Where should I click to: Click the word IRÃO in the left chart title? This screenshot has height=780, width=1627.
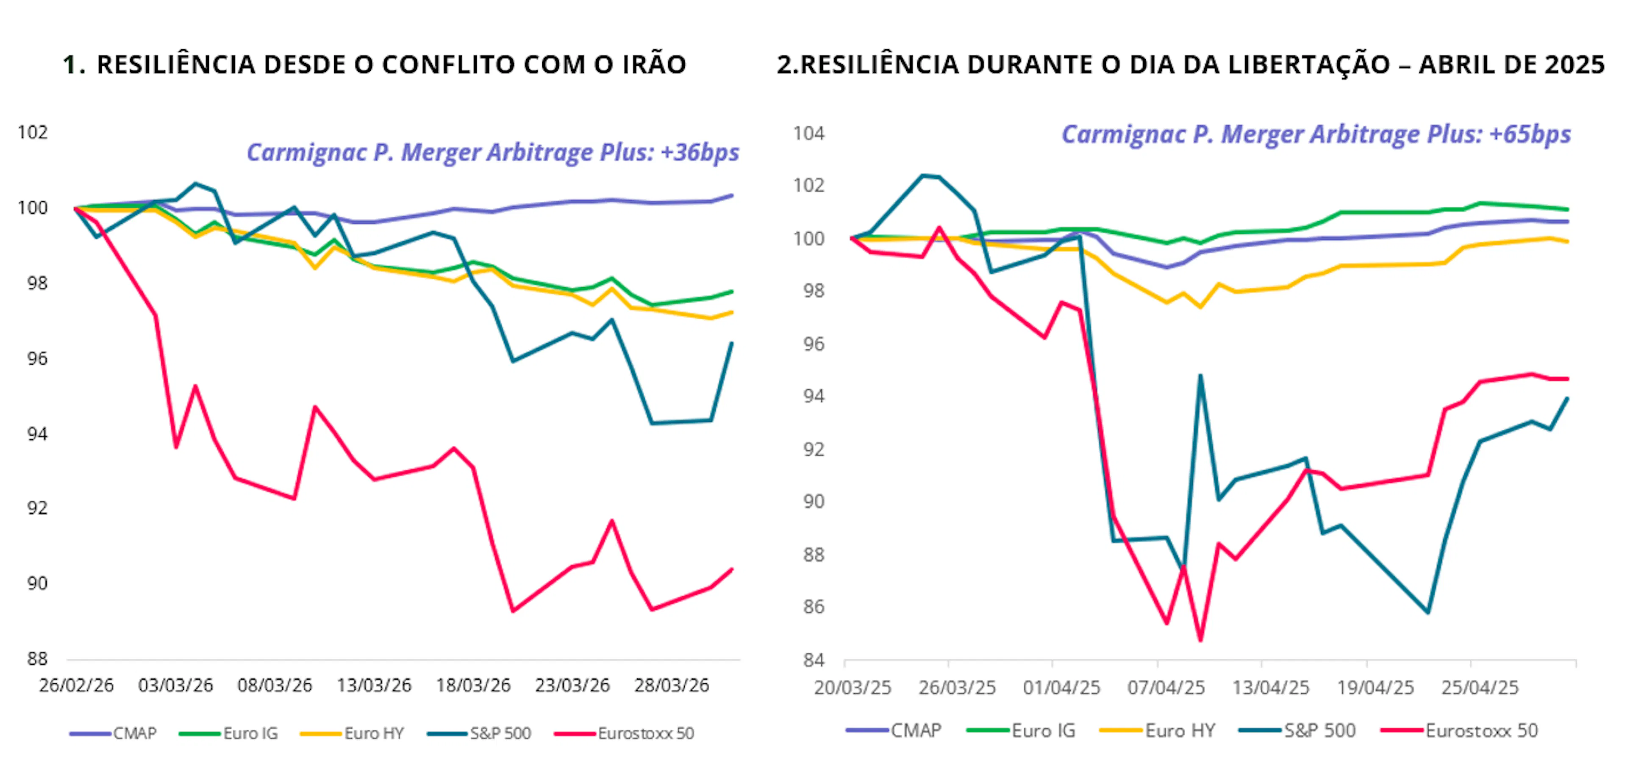click(x=654, y=64)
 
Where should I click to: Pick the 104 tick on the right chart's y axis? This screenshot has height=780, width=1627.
click(x=809, y=134)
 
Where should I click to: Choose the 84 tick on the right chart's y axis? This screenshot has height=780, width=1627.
click(x=813, y=660)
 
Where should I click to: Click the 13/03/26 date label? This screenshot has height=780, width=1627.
click(x=374, y=685)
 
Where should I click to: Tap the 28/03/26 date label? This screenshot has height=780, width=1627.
click(x=672, y=685)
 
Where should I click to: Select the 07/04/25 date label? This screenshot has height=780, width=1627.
click(x=1166, y=687)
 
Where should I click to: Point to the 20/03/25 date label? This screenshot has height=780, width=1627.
click(x=852, y=687)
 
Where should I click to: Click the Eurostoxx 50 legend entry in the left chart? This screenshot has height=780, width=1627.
click(x=645, y=733)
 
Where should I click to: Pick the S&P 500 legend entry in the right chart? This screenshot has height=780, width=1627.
click(x=1319, y=731)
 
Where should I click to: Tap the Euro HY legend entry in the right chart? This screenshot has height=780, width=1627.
click(x=1180, y=731)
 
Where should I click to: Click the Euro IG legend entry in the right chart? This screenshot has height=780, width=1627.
click(x=1044, y=731)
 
